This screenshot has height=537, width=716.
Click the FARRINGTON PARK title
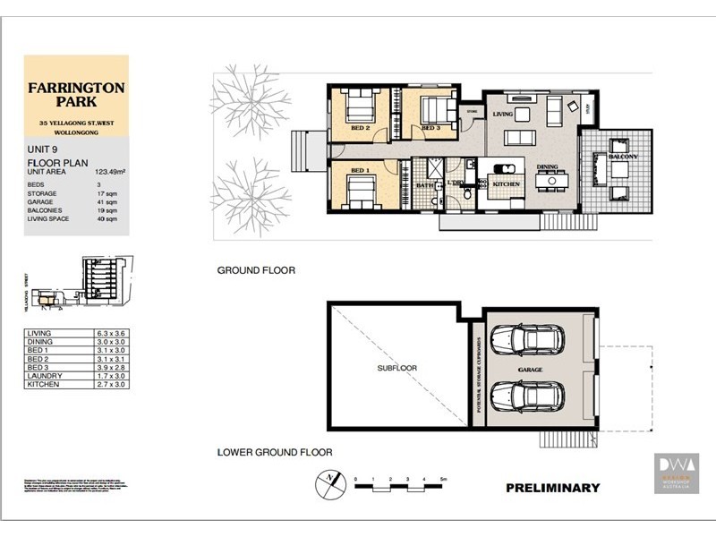pyautogui.click(x=76, y=93)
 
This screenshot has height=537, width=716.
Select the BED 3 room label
pyautogui.click(x=431, y=129)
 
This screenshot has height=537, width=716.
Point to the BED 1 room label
pyautogui.click(x=360, y=170)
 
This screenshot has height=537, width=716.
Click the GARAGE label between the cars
pyautogui.click(x=531, y=367)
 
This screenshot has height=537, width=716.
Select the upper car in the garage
pyautogui.click(x=528, y=340)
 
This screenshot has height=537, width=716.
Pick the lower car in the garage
pyautogui.click(x=528, y=396)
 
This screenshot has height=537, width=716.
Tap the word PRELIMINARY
pyautogui.click(x=552, y=488)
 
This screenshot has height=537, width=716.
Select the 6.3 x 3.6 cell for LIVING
pyautogui.click(x=113, y=334)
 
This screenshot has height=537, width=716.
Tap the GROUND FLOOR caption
pyautogui.click(x=256, y=269)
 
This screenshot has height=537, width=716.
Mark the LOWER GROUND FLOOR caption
pyautogui.click(x=275, y=453)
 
